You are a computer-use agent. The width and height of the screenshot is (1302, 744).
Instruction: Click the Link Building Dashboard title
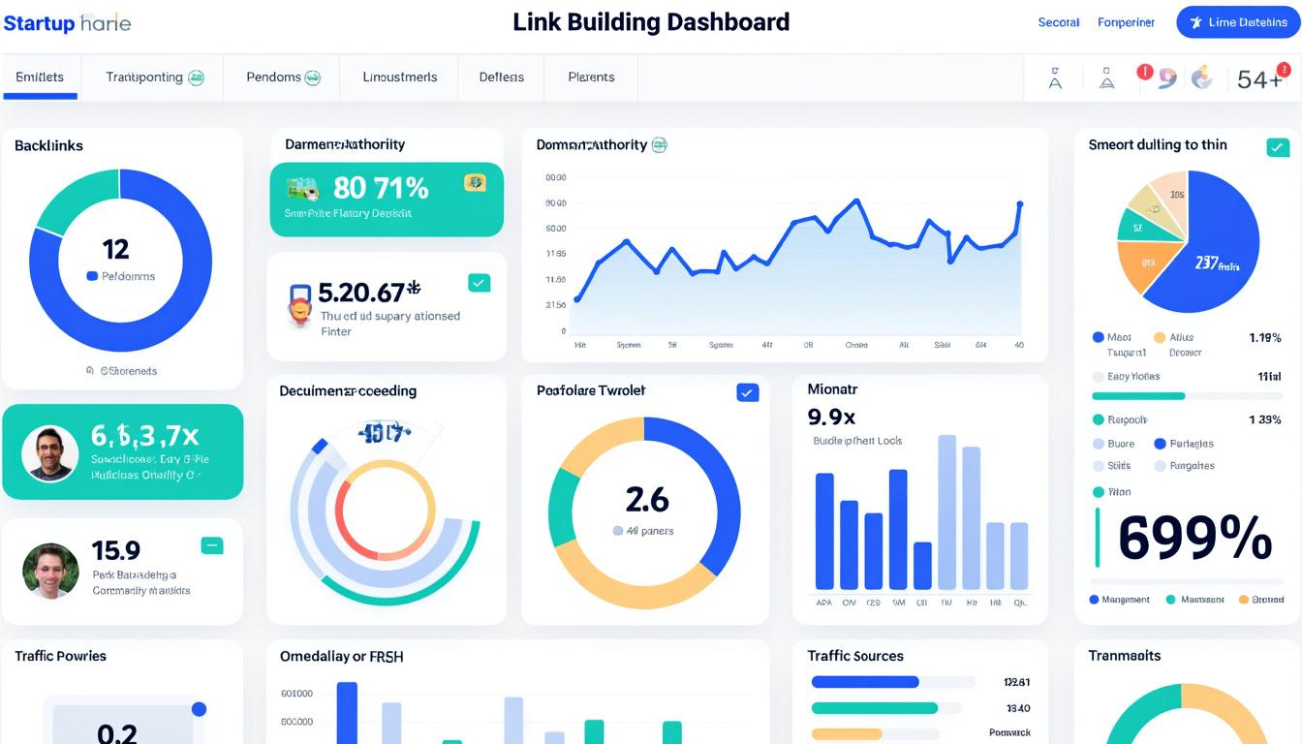click(x=651, y=22)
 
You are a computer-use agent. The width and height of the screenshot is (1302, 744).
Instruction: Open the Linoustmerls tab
click(x=399, y=77)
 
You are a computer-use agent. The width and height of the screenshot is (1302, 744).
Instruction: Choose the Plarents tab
click(x=591, y=77)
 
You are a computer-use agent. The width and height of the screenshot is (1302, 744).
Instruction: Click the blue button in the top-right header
click(x=1237, y=22)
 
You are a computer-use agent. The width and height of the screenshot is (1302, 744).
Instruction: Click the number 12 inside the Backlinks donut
click(x=115, y=250)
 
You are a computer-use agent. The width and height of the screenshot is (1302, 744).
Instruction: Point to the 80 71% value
click(x=380, y=187)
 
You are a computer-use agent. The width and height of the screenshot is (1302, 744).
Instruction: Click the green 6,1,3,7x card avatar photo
click(x=49, y=453)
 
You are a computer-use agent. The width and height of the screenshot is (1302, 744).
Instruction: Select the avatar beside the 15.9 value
click(x=50, y=571)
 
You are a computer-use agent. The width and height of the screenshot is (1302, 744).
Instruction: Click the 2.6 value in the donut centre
click(x=646, y=500)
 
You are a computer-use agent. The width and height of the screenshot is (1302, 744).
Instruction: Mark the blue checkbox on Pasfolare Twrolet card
click(x=747, y=392)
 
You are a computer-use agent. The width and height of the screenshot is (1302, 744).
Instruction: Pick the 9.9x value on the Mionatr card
click(x=831, y=417)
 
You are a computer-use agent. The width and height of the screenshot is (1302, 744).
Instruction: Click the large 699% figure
click(x=1194, y=539)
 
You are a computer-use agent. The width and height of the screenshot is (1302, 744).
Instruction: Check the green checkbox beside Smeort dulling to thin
click(x=1278, y=147)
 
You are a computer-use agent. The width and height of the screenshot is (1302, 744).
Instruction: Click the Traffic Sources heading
click(x=855, y=656)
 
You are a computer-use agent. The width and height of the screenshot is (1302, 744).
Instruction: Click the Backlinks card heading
click(x=48, y=145)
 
